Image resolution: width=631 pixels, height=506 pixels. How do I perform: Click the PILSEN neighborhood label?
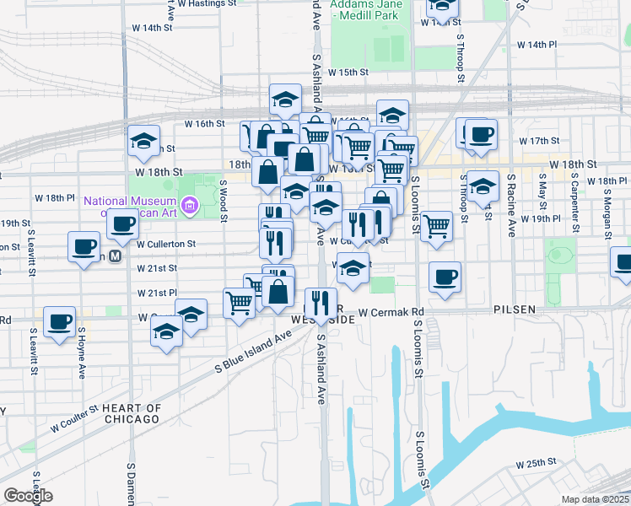coord(515,310)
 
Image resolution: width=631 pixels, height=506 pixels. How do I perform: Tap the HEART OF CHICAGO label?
coord(131,413)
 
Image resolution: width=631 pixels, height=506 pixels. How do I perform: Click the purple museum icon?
coord(190,205)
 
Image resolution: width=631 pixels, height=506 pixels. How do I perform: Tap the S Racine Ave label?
coord(511,206)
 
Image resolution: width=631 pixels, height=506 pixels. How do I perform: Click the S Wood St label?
coord(224,201)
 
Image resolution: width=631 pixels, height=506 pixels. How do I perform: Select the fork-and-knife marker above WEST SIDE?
coord(320,300)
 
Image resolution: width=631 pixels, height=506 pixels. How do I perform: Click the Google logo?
coord(28,496)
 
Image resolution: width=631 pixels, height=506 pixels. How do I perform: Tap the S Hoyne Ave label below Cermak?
coord(82,358)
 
